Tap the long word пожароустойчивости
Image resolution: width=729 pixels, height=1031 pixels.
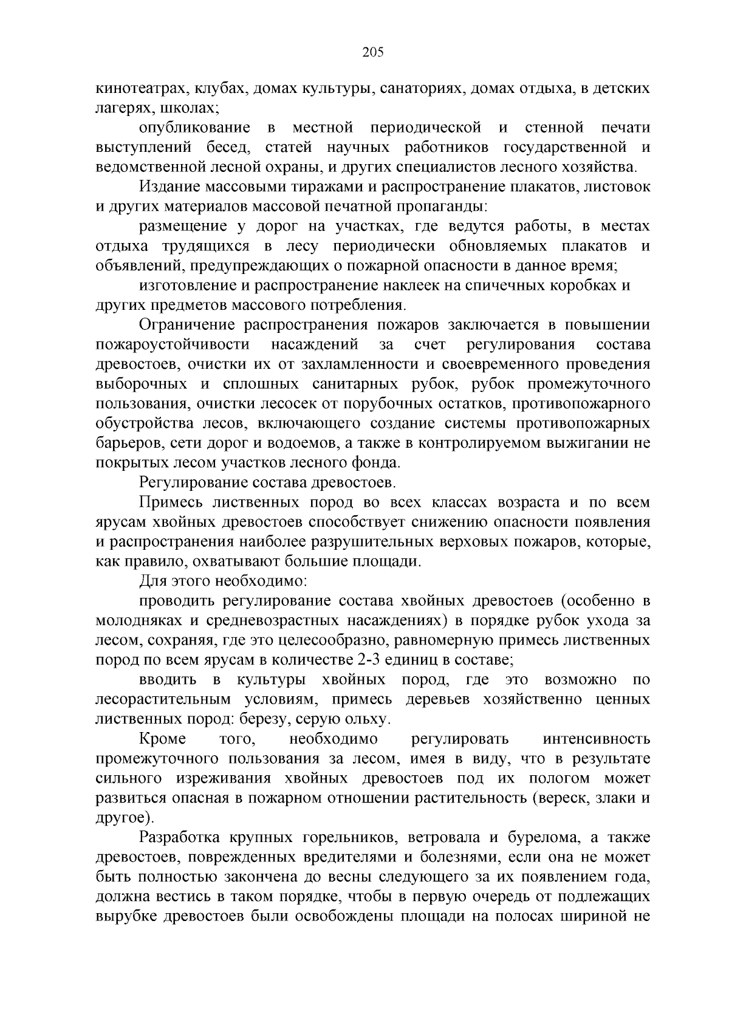click(173, 344)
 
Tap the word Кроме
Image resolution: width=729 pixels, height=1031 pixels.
click(163, 739)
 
